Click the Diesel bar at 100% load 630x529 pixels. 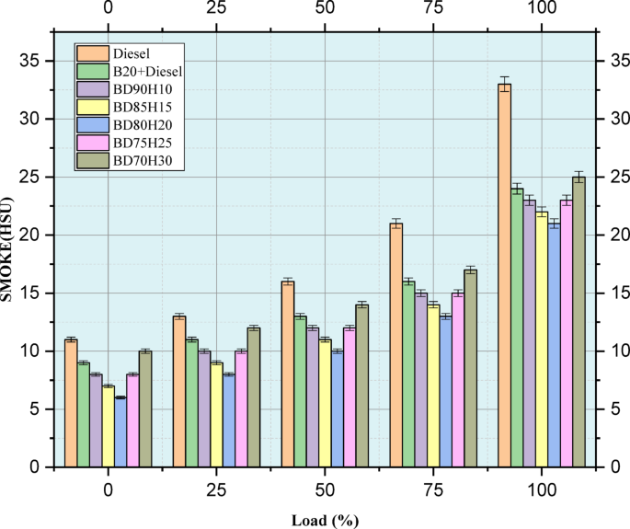coord(504,276)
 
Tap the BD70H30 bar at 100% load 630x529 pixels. coord(578,322)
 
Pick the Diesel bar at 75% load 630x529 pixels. coord(395,345)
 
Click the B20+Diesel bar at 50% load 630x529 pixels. coord(300,392)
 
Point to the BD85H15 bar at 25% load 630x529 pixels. coord(216,415)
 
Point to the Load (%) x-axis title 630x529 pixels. coord(324,520)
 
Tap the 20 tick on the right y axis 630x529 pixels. coord(614,235)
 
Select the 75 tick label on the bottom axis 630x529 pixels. coord(432,485)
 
